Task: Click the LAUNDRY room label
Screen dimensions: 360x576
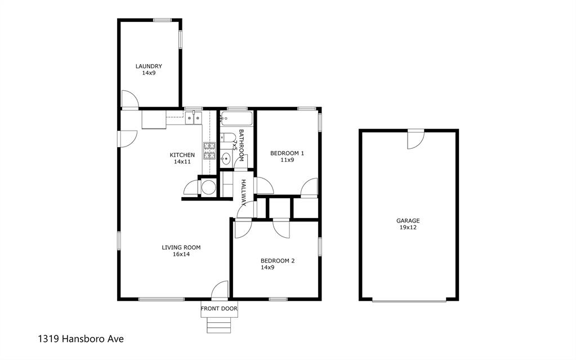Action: coord(149,66)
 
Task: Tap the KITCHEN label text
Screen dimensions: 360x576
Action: coord(182,155)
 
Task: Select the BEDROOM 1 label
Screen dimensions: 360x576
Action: coord(287,153)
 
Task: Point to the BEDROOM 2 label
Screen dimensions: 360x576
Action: coord(278,260)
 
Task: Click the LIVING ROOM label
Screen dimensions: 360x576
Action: coord(181,247)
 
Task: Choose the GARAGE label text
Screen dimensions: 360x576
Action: coord(408,221)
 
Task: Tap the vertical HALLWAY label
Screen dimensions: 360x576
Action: coord(244,193)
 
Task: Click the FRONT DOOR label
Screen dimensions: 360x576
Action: coord(219,309)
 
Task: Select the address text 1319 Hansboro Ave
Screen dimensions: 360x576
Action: coord(81,339)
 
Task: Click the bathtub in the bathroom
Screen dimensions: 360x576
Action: coord(237,118)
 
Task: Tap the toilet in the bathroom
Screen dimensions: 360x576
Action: coord(227,137)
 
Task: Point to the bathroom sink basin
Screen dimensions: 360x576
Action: coord(226,158)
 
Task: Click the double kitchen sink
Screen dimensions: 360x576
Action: coord(194,118)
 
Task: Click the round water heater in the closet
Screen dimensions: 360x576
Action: coord(209,188)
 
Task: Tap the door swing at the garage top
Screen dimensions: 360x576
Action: coord(416,140)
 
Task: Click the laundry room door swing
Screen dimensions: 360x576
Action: coord(129,100)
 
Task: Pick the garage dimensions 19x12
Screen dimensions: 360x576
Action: coord(408,228)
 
